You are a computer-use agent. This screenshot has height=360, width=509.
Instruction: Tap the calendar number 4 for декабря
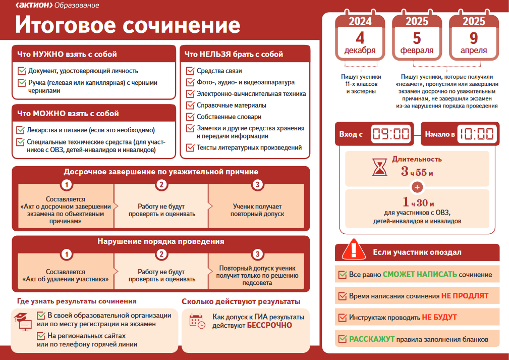(x=360, y=38)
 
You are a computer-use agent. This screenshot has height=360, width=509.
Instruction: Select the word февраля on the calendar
(x=417, y=50)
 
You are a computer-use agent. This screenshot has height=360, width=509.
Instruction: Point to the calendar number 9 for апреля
(x=474, y=38)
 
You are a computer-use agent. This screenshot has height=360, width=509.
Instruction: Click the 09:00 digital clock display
(x=391, y=134)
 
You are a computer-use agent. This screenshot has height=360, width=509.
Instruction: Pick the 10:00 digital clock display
(x=477, y=134)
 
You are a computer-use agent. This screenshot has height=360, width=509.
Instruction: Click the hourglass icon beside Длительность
(x=379, y=167)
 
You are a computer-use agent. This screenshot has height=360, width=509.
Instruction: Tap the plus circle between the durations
(x=417, y=187)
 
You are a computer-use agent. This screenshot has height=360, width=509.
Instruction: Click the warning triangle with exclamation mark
(x=354, y=249)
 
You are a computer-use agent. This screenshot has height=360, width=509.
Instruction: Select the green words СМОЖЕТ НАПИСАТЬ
(x=420, y=275)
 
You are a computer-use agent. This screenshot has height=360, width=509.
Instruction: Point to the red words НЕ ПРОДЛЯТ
(x=465, y=296)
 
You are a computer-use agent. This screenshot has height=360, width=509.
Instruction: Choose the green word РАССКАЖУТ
(x=372, y=339)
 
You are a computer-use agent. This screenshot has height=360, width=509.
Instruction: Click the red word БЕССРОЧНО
(x=269, y=325)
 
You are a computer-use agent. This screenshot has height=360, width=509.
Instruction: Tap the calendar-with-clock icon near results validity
(x=197, y=321)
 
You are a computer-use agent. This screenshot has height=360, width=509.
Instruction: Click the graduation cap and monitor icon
(x=23, y=321)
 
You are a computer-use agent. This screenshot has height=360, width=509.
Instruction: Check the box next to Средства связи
(x=190, y=71)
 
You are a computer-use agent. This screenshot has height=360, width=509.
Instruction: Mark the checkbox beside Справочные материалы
(x=190, y=105)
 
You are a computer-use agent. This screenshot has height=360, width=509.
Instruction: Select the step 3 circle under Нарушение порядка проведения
(x=257, y=254)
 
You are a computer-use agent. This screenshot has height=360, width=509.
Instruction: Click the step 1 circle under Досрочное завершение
(x=67, y=185)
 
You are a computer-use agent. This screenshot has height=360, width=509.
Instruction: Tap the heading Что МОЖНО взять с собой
(x=68, y=114)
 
